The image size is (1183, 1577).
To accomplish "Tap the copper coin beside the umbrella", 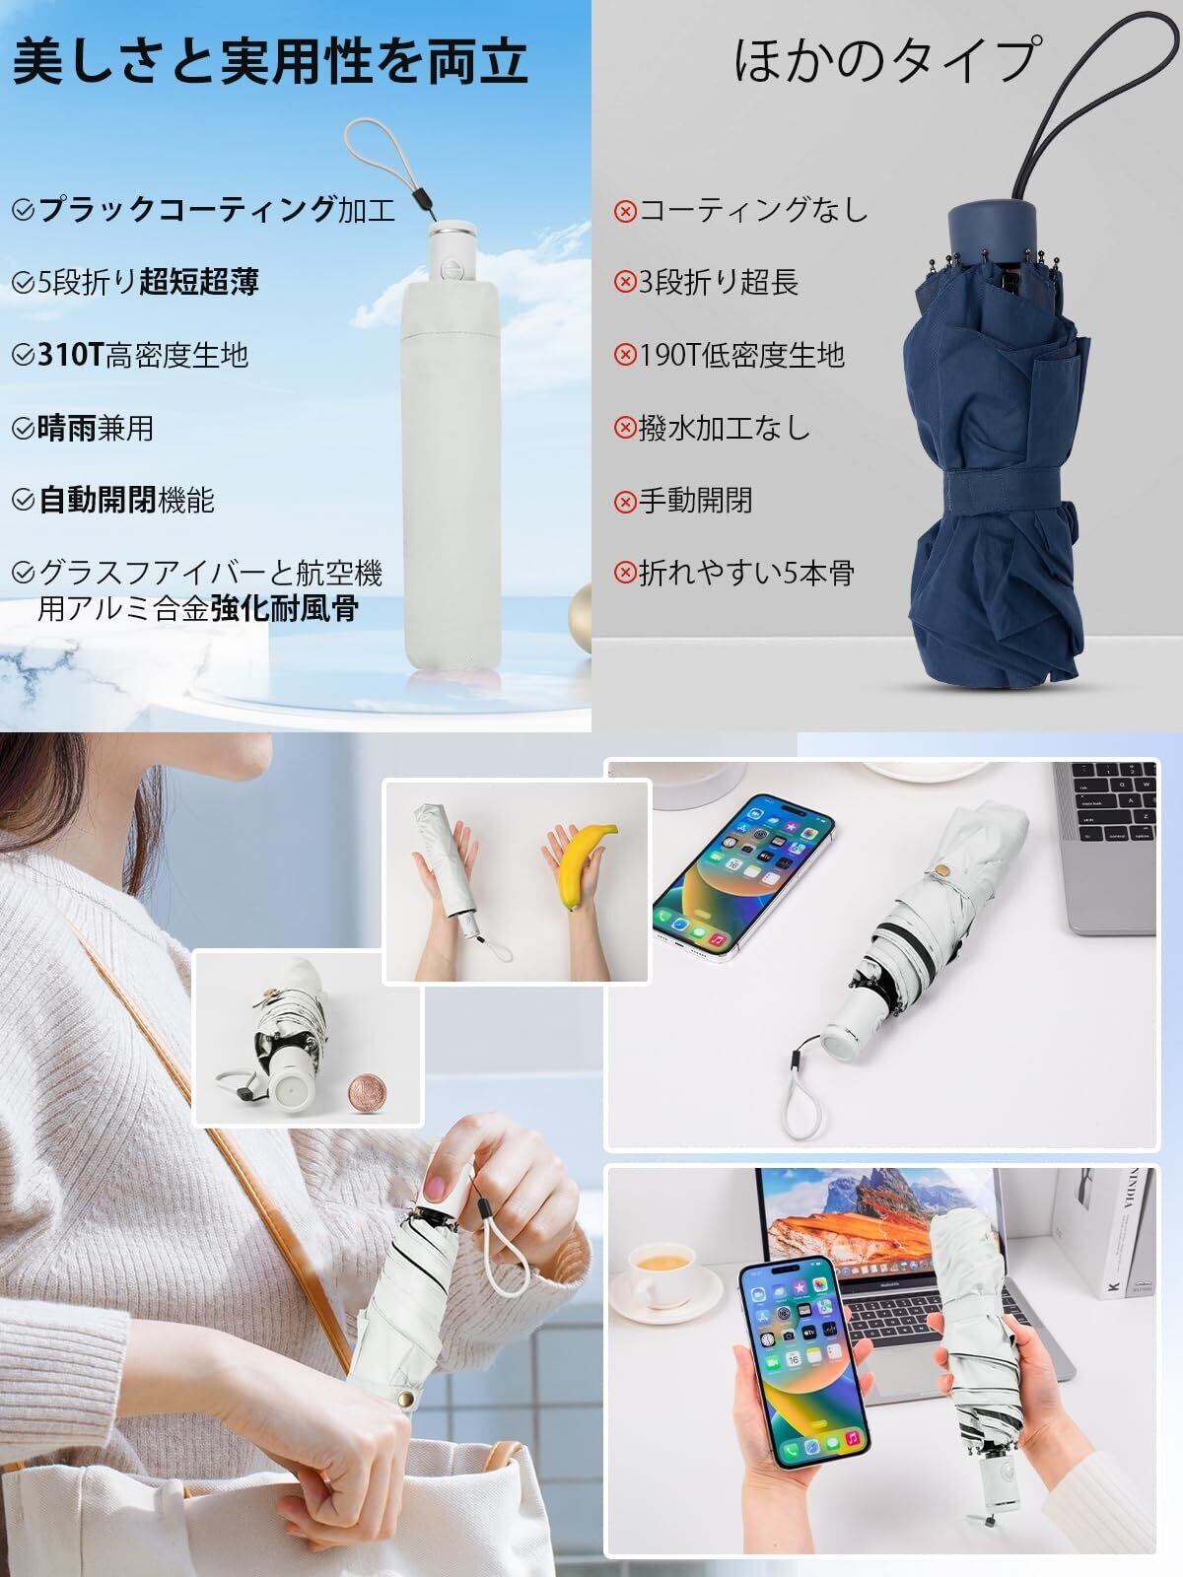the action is (369, 1094).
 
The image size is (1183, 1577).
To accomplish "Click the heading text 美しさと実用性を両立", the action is (270, 61).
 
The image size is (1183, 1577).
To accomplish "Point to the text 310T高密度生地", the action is (142, 355).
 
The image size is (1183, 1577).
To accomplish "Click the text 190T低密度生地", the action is (741, 355).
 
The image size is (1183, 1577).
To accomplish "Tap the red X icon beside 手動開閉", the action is (625, 500).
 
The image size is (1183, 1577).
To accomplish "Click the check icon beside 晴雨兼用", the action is (23, 428).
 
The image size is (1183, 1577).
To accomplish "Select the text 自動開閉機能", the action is (126, 500).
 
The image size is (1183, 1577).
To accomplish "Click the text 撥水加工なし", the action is (724, 428).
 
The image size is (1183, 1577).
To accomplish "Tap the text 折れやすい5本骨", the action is (746, 573).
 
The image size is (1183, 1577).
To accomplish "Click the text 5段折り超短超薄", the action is (148, 282).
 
